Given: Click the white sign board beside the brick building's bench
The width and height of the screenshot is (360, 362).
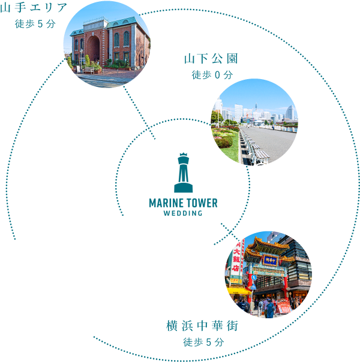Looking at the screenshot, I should [x=77, y=68].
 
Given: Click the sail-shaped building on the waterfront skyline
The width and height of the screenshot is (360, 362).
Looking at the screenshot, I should [x=290, y=112].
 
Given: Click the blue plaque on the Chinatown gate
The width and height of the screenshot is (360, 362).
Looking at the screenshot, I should [x=270, y=260].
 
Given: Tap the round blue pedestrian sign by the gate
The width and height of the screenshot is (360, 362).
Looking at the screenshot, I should [x=253, y=277].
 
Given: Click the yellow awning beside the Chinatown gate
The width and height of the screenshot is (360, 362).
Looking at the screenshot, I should [x=238, y=291].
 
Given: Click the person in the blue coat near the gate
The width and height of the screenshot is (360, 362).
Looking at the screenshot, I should [x=271, y=309].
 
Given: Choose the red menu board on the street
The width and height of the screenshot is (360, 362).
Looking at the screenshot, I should [x=284, y=306].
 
